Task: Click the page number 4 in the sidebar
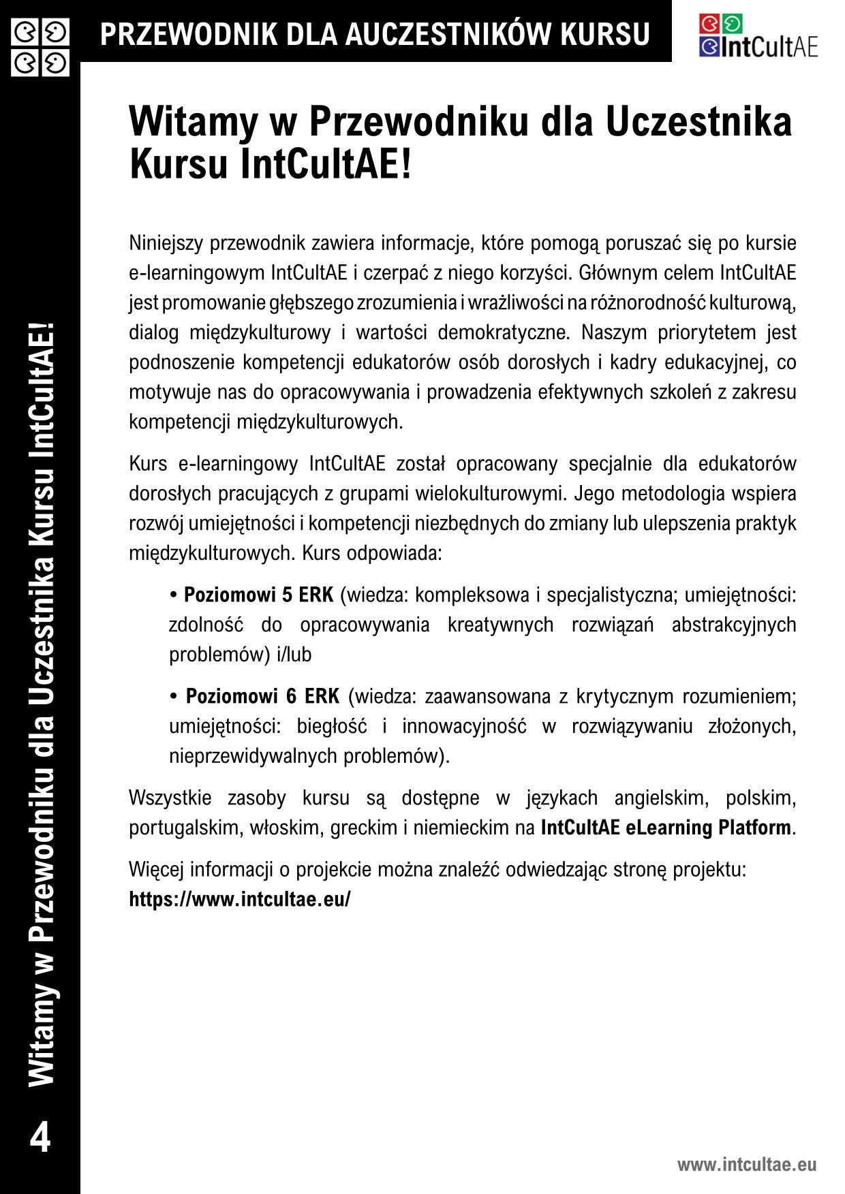click(x=41, y=1138)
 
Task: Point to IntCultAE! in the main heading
click(x=326, y=165)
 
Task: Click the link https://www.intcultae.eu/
click(x=240, y=899)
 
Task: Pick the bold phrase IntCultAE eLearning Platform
click(x=666, y=828)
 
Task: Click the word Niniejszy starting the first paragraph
click(x=166, y=243)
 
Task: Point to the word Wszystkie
click(x=170, y=798)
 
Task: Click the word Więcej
click(x=156, y=870)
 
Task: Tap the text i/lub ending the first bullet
click(x=294, y=655)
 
